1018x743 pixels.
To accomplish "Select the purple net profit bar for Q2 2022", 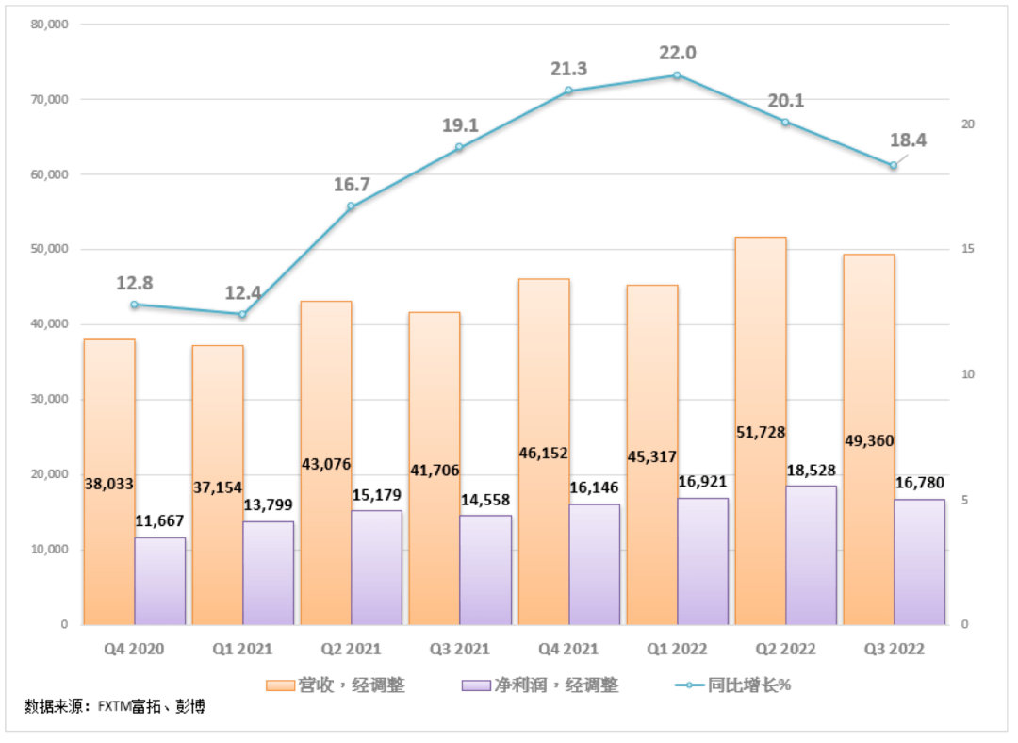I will [x=811, y=556].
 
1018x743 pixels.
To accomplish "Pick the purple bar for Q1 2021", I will [x=269, y=573].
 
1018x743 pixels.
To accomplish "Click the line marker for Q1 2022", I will [x=677, y=75].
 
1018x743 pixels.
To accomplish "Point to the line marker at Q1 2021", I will [x=242, y=314].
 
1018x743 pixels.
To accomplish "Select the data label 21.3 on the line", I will [x=569, y=68].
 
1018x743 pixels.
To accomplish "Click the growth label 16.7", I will [x=352, y=184].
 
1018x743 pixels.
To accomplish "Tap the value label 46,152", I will [x=544, y=453].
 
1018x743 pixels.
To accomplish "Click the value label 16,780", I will [x=918, y=483].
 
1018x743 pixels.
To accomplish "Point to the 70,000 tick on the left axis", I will [x=50, y=99].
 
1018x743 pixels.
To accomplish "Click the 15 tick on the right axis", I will [x=966, y=250].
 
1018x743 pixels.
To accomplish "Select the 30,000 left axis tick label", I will [x=50, y=399].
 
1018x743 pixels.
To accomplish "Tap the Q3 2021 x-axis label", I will [x=458, y=650].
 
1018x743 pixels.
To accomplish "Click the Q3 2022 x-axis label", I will [x=893, y=650].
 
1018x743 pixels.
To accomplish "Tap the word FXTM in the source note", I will [x=116, y=706].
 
